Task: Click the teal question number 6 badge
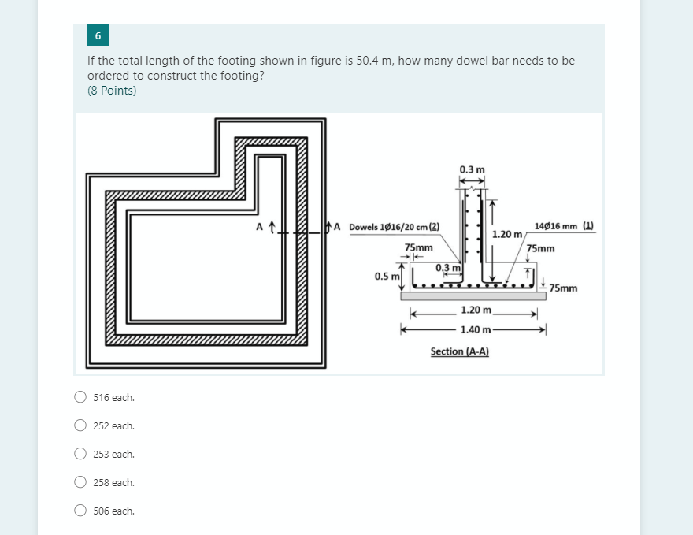pos(98,36)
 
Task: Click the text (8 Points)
pos(112,91)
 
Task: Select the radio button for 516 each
pos(80,398)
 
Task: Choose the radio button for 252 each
pos(80,426)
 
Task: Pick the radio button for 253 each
pos(80,455)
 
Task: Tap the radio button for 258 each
pos(80,483)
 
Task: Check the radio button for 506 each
pos(80,511)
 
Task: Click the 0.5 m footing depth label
pos(386,277)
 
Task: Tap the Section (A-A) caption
pos(460,351)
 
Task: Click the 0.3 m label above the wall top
pos(472,169)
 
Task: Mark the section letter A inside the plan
pos(261,228)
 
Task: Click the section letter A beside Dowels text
pos(337,228)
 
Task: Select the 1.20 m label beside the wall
pos(506,234)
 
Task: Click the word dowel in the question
pos(468,61)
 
